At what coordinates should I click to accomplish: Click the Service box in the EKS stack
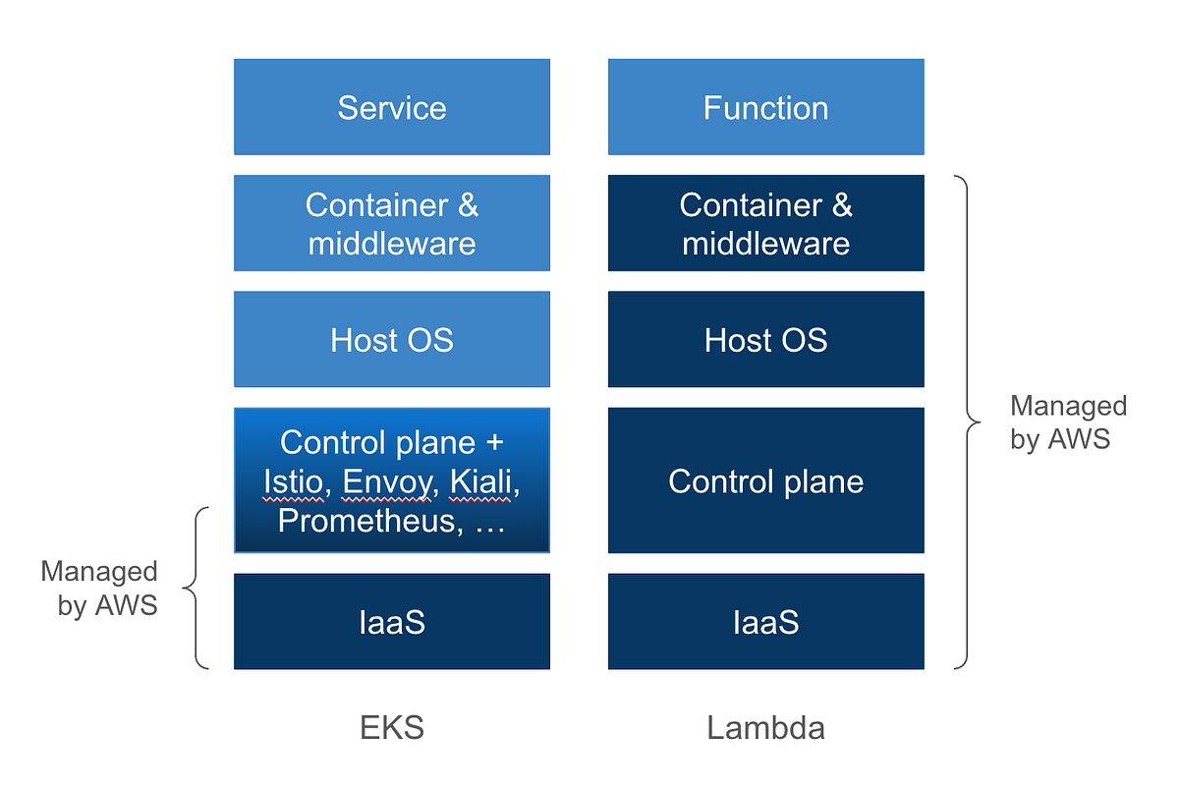tap(391, 107)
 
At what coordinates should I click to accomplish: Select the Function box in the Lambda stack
tap(765, 107)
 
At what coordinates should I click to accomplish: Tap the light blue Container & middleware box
tap(391, 223)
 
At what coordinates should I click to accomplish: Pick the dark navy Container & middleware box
tap(765, 223)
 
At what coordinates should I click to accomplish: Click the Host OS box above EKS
tap(391, 340)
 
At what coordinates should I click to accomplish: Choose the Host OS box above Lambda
tap(765, 340)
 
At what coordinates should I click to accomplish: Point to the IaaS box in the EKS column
tap(391, 622)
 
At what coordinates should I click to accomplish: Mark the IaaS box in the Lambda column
tap(765, 622)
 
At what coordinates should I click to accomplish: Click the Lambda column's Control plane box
tap(765, 481)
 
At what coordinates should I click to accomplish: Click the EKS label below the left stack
tap(391, 728)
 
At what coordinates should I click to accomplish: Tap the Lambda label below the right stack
tap(765, 728)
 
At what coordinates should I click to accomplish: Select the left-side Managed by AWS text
tap(99, 588)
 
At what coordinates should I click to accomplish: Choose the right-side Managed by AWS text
tap(1068, 422)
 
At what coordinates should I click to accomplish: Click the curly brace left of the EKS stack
tap(196, 588)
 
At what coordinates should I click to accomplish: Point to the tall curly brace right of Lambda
tap(968, 422)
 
